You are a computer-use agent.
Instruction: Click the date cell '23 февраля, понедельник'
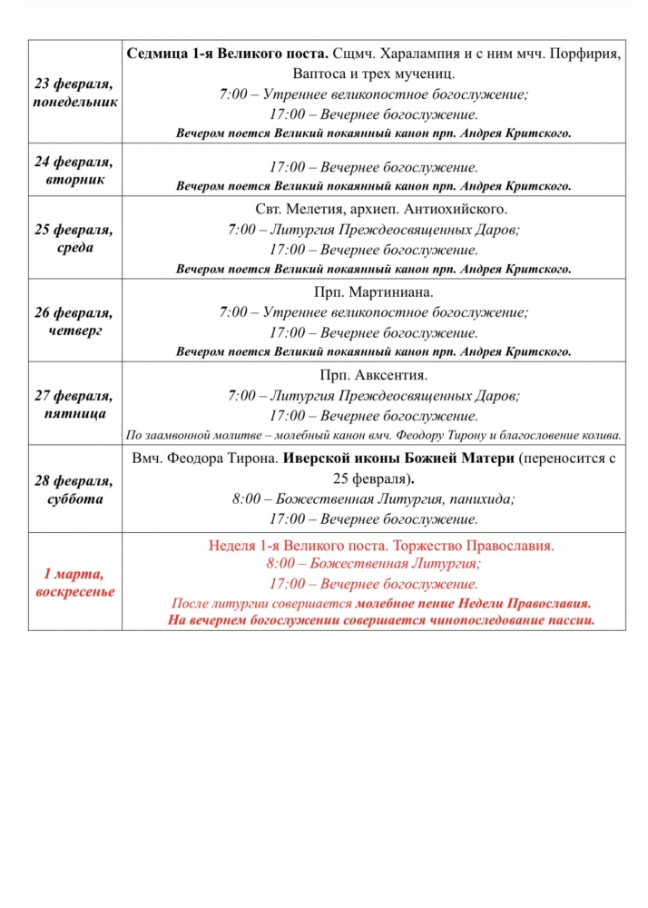click(75, 93)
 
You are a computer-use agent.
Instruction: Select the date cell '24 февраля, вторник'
click(75, 170)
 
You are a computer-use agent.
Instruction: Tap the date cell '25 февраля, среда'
click(75, 239)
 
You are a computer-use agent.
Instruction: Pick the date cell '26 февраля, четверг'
click(75, 321)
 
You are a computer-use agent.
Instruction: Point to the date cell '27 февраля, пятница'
click(75, 403)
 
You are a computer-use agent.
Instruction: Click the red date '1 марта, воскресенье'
click(75, 583)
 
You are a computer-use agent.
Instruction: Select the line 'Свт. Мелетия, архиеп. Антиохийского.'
click(374, 209)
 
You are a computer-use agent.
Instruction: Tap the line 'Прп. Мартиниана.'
click(374, 291)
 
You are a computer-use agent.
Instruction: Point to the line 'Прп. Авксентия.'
click(374, 374)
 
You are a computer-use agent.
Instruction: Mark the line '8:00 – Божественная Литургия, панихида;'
click(374, 498)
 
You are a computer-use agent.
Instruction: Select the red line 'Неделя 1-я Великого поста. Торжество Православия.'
click(381, 546)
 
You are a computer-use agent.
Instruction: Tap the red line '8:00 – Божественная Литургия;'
click(374, 563)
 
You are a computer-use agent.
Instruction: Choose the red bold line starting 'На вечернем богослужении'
click(381, 620)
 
